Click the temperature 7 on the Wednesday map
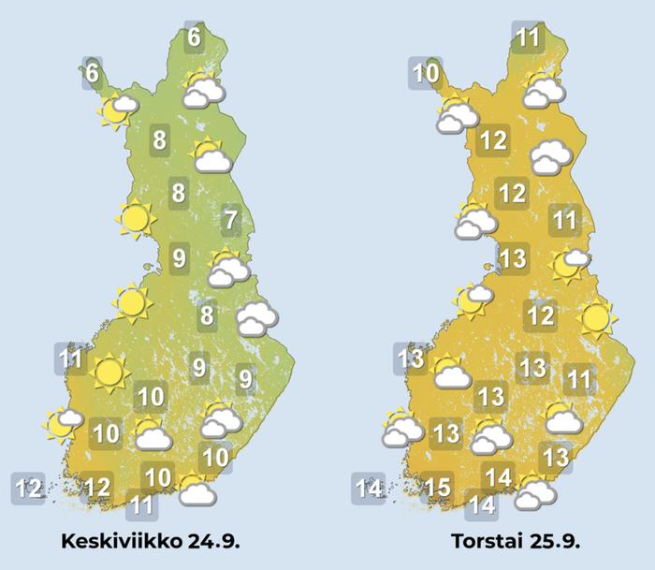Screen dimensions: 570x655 231,222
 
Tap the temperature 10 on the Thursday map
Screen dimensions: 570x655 426,73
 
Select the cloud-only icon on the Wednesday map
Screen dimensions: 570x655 255,320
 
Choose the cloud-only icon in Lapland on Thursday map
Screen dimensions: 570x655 550,157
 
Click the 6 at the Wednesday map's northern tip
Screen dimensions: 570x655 194,38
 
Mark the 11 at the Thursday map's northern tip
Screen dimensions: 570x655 529,38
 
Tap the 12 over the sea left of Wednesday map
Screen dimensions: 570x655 28,488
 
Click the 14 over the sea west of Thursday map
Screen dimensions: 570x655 368,488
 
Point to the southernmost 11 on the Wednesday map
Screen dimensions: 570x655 141,505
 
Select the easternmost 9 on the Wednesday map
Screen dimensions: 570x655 245,379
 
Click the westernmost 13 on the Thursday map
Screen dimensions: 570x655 410,358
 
